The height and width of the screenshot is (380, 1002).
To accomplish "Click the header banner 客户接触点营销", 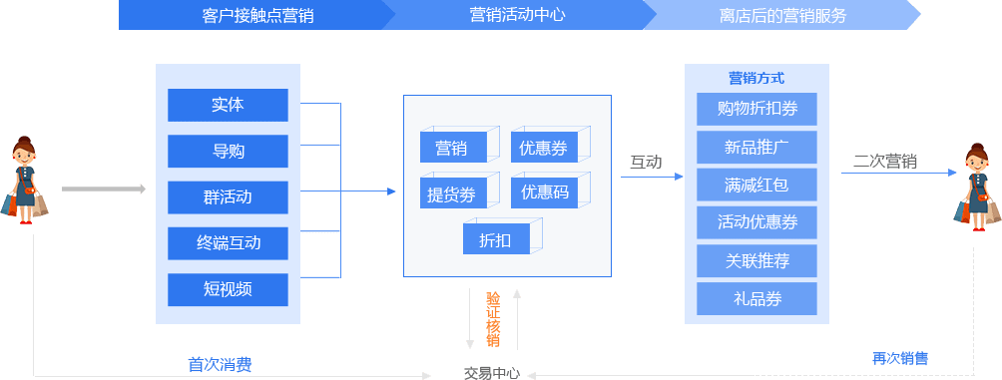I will pos(250,15).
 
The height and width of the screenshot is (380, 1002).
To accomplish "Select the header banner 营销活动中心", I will pos(514,15).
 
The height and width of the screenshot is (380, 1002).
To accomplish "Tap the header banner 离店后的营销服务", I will pos(781,15).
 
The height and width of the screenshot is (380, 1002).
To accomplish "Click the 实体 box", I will pos(228,105).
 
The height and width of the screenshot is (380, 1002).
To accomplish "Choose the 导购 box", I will pos(228,152).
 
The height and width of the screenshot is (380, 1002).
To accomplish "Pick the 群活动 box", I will pos(228,196).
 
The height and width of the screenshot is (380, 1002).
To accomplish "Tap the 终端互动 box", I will pos(228,242).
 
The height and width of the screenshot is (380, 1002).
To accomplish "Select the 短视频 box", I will pos(228,289).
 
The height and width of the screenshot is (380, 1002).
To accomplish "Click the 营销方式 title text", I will pos(756,78).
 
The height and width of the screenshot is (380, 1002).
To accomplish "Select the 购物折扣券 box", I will pos(756,109).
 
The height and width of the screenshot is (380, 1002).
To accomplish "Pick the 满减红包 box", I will pos(756,185).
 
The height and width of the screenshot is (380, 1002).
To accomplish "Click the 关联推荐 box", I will pos(756,261).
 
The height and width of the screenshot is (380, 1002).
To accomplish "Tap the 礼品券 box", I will pos(756,298).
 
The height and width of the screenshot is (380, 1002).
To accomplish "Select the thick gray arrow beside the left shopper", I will pos(103,189).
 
